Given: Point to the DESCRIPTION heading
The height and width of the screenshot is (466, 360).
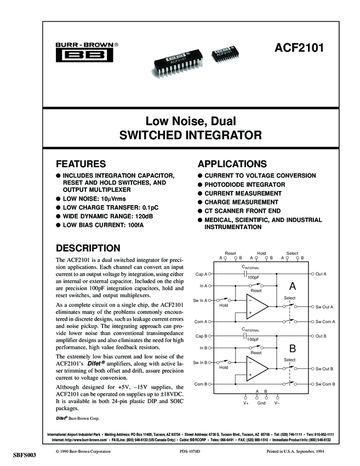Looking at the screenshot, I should (x=88, y=248).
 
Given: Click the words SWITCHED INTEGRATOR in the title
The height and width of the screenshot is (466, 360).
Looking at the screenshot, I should (x=180, y=133).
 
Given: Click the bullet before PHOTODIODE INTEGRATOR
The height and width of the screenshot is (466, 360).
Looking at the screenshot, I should (x=201, y=185).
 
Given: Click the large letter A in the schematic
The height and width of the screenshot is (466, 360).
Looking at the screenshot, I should (x=293, y=286).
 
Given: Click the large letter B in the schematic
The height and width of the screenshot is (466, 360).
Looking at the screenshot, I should (x=293, y=349).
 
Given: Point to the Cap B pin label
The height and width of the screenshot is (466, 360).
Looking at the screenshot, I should (x=201, y=336).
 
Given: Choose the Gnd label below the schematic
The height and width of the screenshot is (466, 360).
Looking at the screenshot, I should (x=261, y=403).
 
